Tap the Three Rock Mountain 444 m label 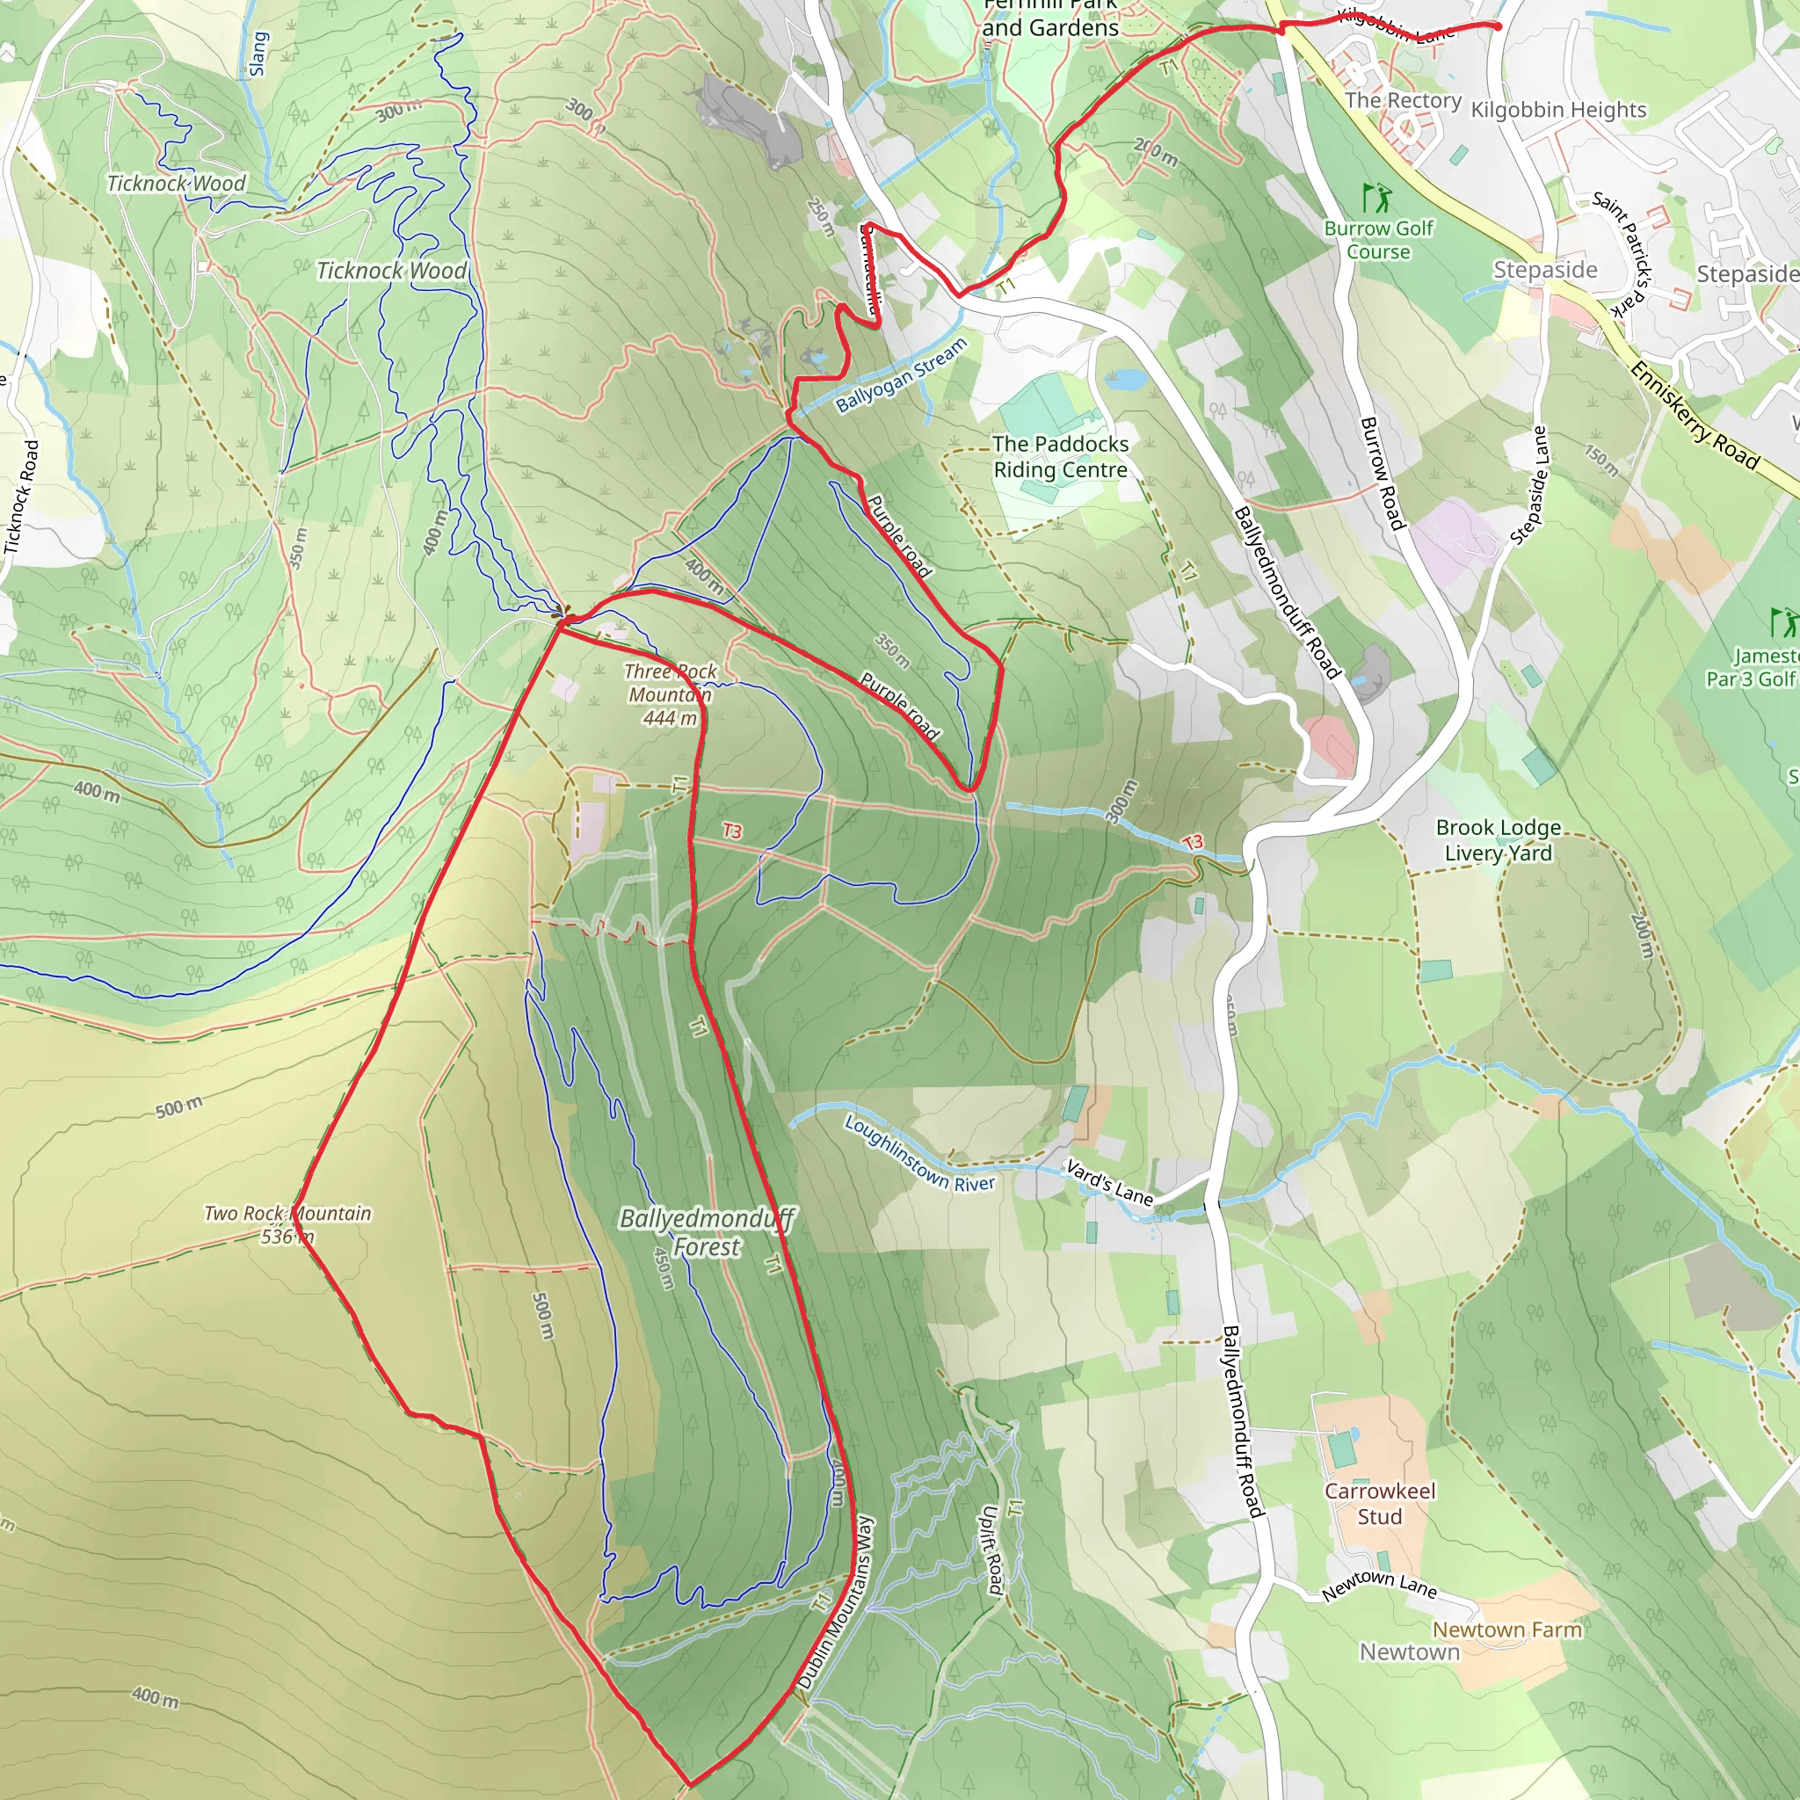click(670, 694)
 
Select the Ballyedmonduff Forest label click(707, 1232)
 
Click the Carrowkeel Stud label click(1380, 1504)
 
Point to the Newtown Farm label click(1506, 1629)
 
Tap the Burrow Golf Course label click(1378, 239)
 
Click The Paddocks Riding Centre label click(1060, 456)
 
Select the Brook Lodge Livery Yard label click(1499, 839)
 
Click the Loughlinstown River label click(919, 1153)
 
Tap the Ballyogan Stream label click(901, 375)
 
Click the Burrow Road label click(1382, 474)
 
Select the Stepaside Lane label click(1529, 485)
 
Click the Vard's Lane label click(1108, 1182)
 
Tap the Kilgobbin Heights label click(1558, 110)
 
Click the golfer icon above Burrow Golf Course click(1376, 198)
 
